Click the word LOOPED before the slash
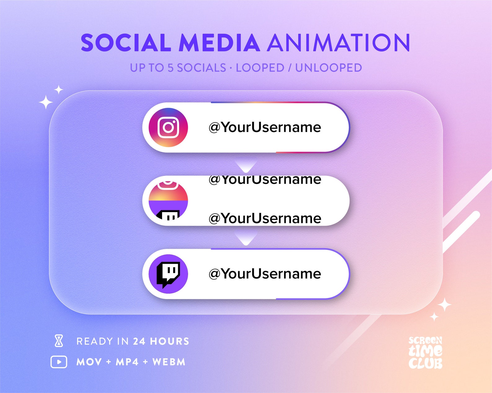tap(260, 68)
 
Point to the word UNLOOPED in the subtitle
tap(328, 68)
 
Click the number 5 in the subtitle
tap(171, 68)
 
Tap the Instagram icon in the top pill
tap(168, 127)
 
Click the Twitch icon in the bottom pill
tap(168, 274)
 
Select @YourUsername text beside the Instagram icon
tap(265, 127)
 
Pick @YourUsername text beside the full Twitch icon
tap(265, 274)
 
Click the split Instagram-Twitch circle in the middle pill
tap(168, 200)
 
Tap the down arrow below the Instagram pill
tap(246, 166)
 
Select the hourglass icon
tap(59, 341)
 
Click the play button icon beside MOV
tap(59, 362)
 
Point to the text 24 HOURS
tap(161, 341)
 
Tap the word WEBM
tap(169, 362)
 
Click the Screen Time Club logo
tap(425, 353)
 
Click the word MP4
tap(127, 362)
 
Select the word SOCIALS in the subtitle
tap(201, 68)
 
